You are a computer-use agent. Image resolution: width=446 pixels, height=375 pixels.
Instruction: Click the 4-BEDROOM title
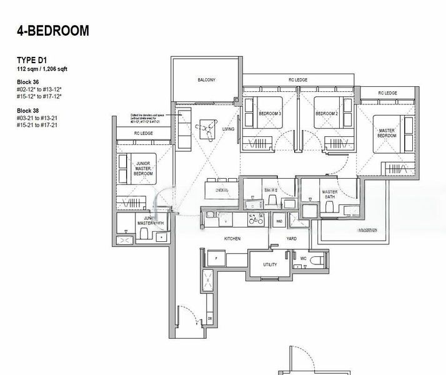point(53,30)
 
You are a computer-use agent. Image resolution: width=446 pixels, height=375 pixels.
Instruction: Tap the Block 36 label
point(28,82)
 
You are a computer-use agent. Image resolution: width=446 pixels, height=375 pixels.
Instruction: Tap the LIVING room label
point(228,129)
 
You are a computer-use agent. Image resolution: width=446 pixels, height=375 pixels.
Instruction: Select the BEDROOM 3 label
point(270,113)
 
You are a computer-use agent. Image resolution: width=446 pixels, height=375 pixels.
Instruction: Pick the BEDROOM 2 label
point(326,113)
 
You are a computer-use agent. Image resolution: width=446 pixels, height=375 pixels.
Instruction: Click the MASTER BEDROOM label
point(387,132)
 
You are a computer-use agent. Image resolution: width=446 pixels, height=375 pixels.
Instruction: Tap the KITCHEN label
point(232,239)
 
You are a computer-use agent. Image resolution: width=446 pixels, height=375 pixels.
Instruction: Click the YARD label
point(291,239)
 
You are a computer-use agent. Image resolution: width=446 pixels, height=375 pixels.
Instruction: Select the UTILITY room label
point(270,265)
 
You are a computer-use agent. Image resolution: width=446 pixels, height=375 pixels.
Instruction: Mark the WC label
point(302,258)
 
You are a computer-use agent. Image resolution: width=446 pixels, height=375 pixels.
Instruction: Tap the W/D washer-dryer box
point(279,221)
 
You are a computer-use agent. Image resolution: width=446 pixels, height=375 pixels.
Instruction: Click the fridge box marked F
point(216,258)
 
